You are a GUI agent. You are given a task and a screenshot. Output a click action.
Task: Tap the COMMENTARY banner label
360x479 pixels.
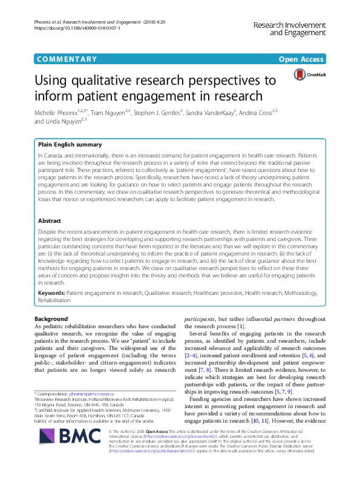pos(67,59)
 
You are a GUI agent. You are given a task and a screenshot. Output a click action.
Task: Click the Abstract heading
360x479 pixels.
pos(50,221)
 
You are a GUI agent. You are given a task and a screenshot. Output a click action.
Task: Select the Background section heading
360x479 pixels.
pos(51,319)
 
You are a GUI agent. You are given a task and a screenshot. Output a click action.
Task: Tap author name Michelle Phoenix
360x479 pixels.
pos(59,113)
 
